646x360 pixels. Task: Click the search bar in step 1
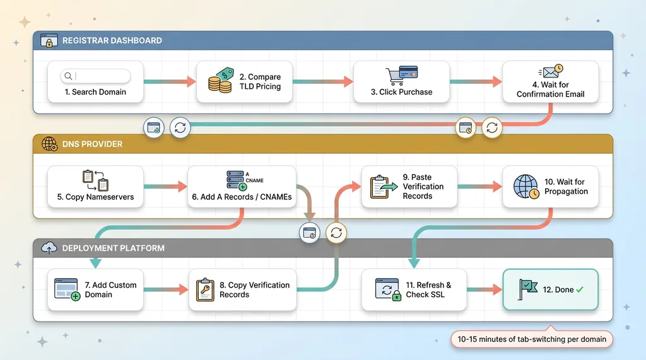[x=95, y=76]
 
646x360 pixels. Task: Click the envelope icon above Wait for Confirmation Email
[x=550, y=72]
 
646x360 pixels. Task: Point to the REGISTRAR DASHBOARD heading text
[x=112, y=40]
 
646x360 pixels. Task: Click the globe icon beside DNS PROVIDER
[x=49, y=144]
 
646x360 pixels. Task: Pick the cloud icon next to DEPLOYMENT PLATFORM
[x=49, y=248]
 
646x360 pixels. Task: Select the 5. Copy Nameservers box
[x=96, y=187]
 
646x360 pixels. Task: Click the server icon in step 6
[x=237, y=181]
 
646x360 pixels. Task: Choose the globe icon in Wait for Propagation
[x=526, y=187]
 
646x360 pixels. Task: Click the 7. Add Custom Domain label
[x=111, y=290]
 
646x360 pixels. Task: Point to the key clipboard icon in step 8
[x=206, y=290]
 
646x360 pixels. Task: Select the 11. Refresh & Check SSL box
[x=414, y=289]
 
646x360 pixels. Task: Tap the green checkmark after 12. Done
[x=580, y=290]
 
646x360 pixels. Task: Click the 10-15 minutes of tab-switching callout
[x=532, y=339]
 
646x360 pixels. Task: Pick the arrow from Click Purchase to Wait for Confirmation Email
[x=476, y=81]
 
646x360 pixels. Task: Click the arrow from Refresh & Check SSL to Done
[x=484, y=289]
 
